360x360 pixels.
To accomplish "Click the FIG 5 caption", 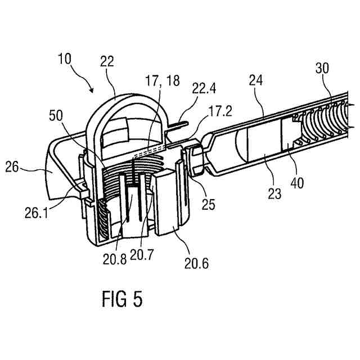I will click(x=123, y=299).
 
